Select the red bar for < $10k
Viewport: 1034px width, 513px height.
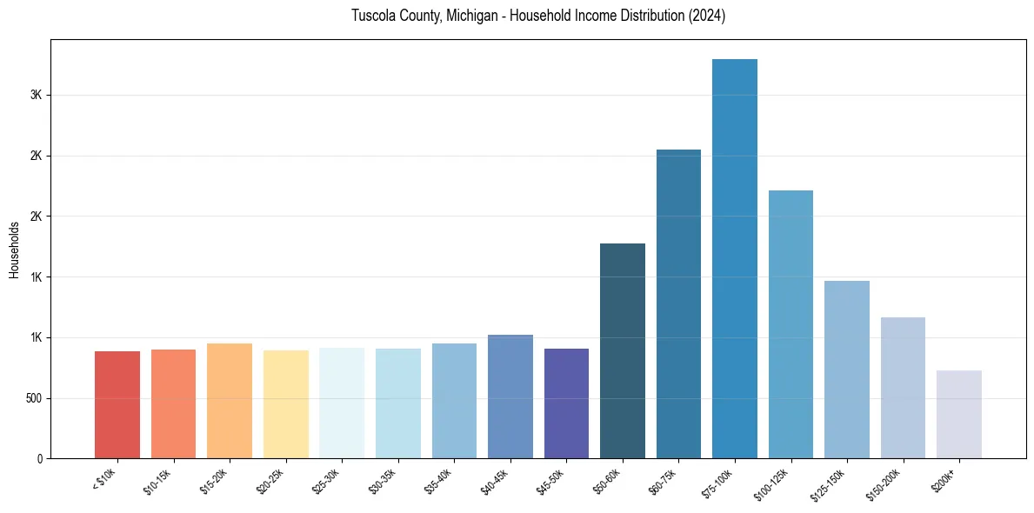117,404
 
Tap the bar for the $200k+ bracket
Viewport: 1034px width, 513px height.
959,414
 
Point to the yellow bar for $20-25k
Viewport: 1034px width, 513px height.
286,403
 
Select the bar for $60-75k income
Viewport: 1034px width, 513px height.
678,303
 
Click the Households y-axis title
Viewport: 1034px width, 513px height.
14,250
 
